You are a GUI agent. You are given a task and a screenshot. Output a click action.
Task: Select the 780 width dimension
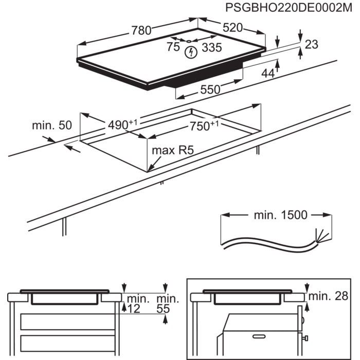tap(141, 30)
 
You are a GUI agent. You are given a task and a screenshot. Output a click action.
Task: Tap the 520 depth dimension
tap(232, 28)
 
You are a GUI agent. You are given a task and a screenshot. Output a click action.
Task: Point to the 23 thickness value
tap(312, 45)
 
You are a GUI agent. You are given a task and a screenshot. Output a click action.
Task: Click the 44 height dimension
tap(268, 74)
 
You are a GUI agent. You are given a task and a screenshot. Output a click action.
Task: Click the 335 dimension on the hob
tap(211, 48)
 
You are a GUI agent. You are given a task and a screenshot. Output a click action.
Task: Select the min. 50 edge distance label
tap(52, 125)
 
